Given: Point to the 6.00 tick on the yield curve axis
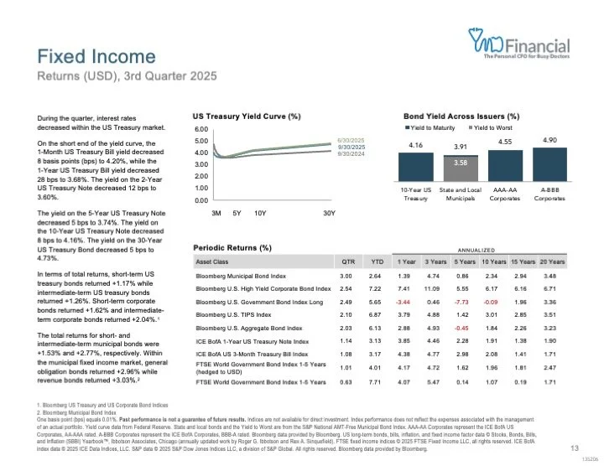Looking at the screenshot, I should (200, 130).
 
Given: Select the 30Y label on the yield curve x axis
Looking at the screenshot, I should (329, 213).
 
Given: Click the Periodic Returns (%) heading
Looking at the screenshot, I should (232, 247).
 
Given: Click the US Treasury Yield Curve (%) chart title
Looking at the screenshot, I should (247, 116).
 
